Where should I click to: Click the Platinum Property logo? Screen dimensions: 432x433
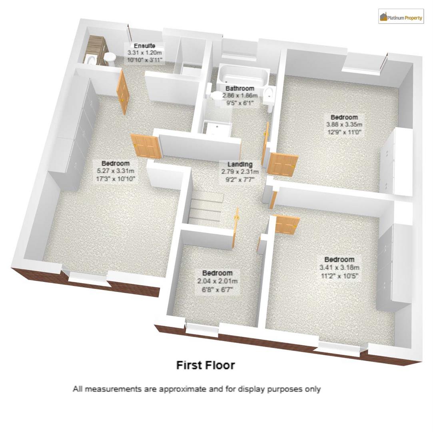401,17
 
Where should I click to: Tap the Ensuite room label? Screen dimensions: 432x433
144,45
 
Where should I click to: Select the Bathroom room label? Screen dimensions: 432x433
239,88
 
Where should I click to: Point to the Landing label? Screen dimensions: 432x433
240,164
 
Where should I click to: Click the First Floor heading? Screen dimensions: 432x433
206,365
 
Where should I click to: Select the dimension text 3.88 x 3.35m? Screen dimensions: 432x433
344,124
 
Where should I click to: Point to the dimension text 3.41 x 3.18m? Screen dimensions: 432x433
339,267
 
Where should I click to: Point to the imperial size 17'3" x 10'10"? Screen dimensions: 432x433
116,178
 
